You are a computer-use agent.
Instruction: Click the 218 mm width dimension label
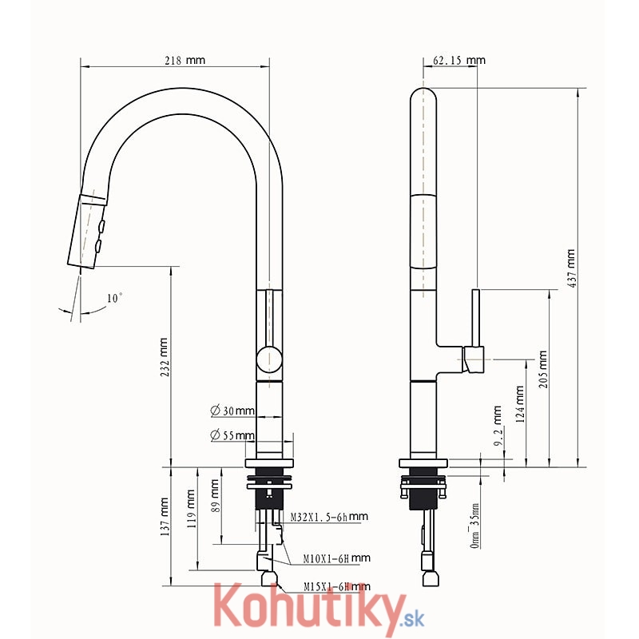[x=185, y=61]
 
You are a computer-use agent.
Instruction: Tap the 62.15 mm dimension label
[x=459, y=61]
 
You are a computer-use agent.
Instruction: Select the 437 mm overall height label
[x=571, y=268]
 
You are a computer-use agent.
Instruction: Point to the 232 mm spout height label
[x=164, y=357]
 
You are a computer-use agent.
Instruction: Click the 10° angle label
[x=114, y=298]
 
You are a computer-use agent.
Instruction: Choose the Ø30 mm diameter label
[x=232, y=411]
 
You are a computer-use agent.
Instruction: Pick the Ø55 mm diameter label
[x=232, y=435]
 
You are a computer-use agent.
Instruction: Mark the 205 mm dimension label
[x=543, y=369]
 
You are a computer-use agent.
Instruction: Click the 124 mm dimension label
[x=520, y=404]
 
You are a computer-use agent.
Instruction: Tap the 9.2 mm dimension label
[x=498, y=426]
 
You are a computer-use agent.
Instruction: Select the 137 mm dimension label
[x=165, y=516]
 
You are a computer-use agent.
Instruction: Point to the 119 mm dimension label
[x=191, y=509]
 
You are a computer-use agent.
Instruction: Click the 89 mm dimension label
[x=215, y=495]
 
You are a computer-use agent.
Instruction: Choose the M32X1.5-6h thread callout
[x=329, y=517]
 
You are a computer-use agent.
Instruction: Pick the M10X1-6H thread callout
[x=336, y=558]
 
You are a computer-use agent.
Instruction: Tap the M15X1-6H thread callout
[x=337, y=586]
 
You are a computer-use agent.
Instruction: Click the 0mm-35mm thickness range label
[x=474, y=526]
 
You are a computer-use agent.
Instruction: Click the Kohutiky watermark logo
[x=319, y=609]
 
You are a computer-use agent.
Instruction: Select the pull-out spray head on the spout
[x=87, y=230]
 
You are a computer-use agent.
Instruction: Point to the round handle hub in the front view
[x=269, y=359]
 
